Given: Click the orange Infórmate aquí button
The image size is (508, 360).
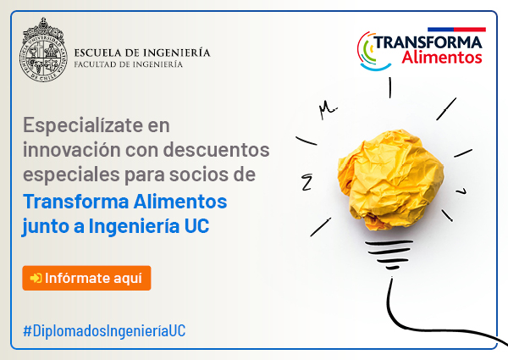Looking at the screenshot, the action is [86, 278].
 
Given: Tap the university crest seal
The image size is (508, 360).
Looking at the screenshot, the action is [43, 50].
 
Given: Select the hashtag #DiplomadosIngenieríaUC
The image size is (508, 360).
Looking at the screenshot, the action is [104, 331].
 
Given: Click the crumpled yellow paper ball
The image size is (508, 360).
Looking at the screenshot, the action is [390, 180].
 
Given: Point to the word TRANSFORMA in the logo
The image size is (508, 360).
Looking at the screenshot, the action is [428, 42].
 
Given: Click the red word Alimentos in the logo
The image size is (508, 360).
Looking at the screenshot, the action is [442, 57].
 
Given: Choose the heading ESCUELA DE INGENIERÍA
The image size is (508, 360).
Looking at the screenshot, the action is [142, 53].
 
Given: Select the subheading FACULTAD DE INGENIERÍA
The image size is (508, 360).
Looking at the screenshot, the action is [129, 64].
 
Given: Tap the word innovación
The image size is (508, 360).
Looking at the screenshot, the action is [72, 150].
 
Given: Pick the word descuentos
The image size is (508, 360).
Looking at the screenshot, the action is [216, 150].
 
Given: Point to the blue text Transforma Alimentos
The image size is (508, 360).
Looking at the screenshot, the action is [125, 202].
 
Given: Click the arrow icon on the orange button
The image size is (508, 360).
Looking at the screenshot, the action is [36, 278].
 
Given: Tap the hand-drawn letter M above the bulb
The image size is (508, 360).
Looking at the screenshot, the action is [328, 109].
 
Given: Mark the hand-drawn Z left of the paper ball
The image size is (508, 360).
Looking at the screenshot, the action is [306, 182].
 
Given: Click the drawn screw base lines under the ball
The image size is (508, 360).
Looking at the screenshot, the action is [389, 254].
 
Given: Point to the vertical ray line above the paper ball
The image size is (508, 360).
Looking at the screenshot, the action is [390, 87].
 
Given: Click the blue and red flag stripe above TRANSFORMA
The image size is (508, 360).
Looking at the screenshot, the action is [456, 30].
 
